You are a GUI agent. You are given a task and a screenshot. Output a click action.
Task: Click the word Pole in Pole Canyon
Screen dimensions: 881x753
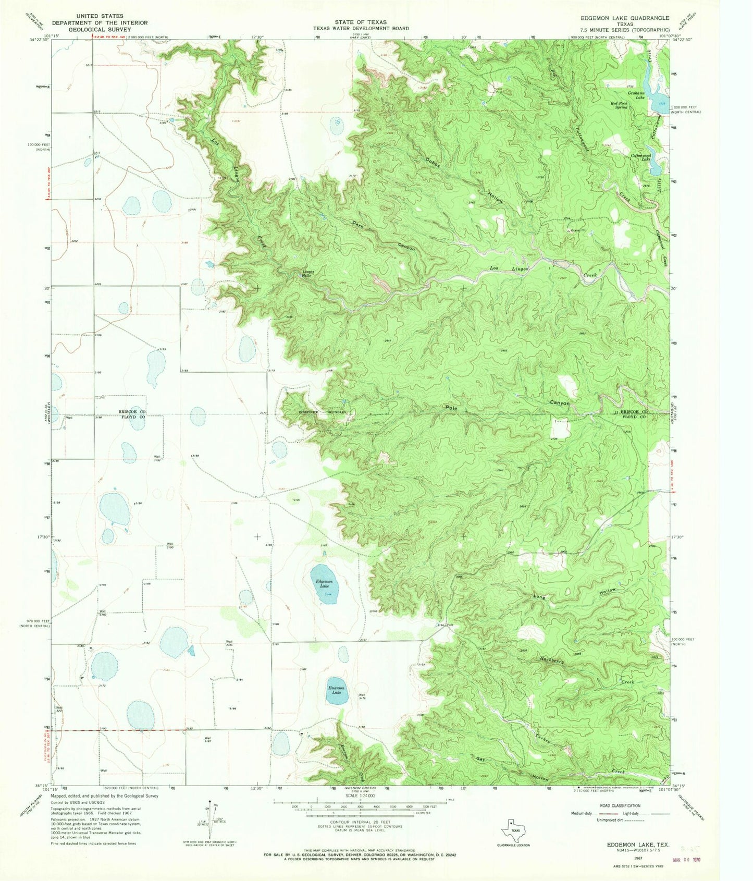451,408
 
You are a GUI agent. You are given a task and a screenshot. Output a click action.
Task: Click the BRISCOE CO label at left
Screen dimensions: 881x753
133,412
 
